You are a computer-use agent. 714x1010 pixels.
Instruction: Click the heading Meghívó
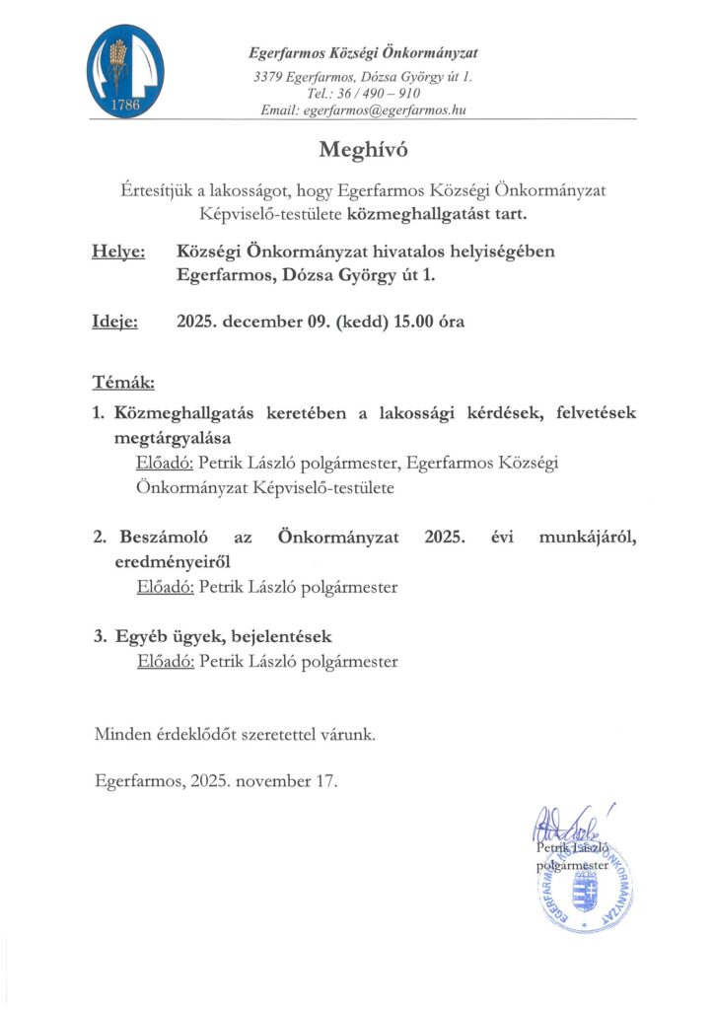pyautogui.click(x=363, y=150)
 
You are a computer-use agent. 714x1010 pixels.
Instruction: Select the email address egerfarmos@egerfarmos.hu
pyautogui.click(x=390, y=110)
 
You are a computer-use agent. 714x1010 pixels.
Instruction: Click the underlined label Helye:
pyautogui.click(x=118, y=252)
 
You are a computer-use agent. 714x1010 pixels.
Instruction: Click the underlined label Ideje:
pyautogui.click(x=115, y=322)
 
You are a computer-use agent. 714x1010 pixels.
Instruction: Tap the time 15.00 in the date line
pyautogui.click(x=418, y=322)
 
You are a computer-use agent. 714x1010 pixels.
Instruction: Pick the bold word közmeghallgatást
pyautogui.click(x=404, y=212)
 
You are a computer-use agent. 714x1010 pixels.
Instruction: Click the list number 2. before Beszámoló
pyautogui.click(x=100, y=538)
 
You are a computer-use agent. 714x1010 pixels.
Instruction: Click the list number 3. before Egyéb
pyautogui.click(x=100, y=636)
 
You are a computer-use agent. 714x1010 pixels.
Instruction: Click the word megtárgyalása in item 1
pyautogui.click(x=172, y=437)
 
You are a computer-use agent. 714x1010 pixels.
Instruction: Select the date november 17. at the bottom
pyautogui.click(x=292, y=782)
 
